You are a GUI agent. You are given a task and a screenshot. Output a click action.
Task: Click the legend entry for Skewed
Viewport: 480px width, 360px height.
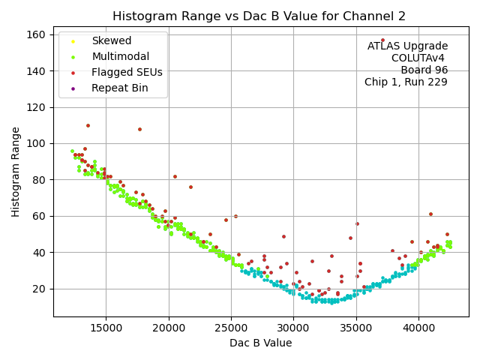pyautogui.click(x=111, y=40)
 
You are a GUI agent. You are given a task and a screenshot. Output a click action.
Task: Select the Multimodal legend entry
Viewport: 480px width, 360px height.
pyautogui.click(x=120, y=56)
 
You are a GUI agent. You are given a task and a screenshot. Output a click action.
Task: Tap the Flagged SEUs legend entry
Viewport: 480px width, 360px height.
pyautogui.click(x=125, y=72)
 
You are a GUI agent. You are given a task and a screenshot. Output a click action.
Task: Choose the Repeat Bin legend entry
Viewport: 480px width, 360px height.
pyautogui.click(x=119, y=88)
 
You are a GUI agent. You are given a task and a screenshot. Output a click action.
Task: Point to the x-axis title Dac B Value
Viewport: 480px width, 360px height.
pyautogui.click(x=260, y=343)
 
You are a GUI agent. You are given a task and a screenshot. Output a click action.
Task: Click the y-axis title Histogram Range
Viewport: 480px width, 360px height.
pyautogui.click(x=16, y=172)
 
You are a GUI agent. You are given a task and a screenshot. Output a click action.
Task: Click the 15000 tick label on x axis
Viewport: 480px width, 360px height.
pyautogui.click(x=106, y=327)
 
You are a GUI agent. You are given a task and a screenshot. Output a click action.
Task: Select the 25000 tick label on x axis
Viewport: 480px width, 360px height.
pyautogui.click(x=231, y=327)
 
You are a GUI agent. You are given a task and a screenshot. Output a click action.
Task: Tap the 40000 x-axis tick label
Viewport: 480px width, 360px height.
pyautogui.click(x=418, y=327)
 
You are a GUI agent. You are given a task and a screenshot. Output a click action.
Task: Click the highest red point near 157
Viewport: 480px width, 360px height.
pyautogui.click(x=382, y=40)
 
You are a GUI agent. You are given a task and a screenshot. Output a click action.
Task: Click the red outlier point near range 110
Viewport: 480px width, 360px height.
pyautogui.click(x=88, y=125)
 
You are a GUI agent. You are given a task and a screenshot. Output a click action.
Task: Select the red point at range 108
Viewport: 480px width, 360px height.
pyautogui.click(x=139, y=129)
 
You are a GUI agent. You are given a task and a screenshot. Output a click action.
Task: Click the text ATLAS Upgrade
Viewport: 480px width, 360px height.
pyautogui.click(x=407, y=46)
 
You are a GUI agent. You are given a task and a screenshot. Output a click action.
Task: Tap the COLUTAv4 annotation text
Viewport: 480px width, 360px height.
pyautogui.click(x=419, y=58)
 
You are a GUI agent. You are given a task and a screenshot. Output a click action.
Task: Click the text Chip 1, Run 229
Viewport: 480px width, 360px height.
pyautogui.click(x=406, y=82)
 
